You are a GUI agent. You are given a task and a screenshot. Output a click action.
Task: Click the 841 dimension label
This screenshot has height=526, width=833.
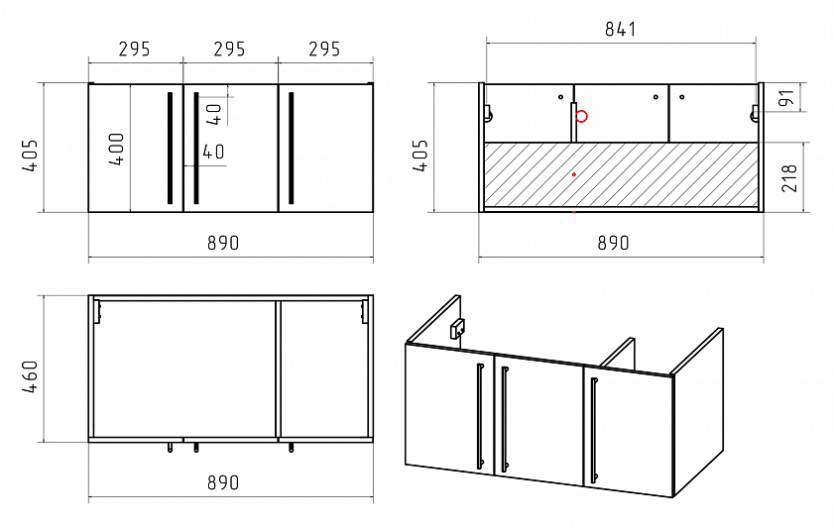click(x=620, y=29)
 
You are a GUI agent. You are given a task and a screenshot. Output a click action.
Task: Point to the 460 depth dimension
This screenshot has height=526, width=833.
click(x=30, y=376)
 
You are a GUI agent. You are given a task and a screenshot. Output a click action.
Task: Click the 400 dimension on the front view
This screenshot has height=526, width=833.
click(x=116, y=149)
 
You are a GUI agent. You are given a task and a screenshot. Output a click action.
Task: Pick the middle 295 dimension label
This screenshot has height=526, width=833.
click(x=229, y=50)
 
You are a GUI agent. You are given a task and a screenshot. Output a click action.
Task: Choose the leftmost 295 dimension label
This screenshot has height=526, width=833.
click(x=135, y=50)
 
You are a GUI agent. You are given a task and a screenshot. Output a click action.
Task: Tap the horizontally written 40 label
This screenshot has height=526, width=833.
click(x=213, y=152)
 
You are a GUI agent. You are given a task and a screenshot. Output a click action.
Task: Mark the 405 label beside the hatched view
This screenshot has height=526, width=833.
click(x=419, y=155)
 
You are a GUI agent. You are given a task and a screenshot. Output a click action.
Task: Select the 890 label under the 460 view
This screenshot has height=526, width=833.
click(x=223, y=482)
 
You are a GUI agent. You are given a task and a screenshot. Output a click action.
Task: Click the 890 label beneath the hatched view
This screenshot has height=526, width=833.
click(x=613, y=243)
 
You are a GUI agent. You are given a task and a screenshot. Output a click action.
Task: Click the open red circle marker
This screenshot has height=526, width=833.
click(x=582, y=116)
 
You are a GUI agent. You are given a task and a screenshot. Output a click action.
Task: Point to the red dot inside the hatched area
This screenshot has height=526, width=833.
click(x=574, y=174)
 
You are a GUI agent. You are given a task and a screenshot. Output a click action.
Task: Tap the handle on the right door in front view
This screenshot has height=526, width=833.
click(x=292, y=148)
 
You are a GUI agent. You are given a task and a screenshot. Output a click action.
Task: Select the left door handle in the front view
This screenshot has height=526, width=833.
click(x=170, y=148)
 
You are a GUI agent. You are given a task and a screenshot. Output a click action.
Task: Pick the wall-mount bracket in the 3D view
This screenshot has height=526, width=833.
click(x=457, y=329)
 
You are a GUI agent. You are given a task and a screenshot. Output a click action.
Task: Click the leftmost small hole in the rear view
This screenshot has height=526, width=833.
click(x=560, y=97)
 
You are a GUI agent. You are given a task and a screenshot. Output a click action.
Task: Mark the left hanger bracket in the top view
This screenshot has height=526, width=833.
click(x=97, y=311)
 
